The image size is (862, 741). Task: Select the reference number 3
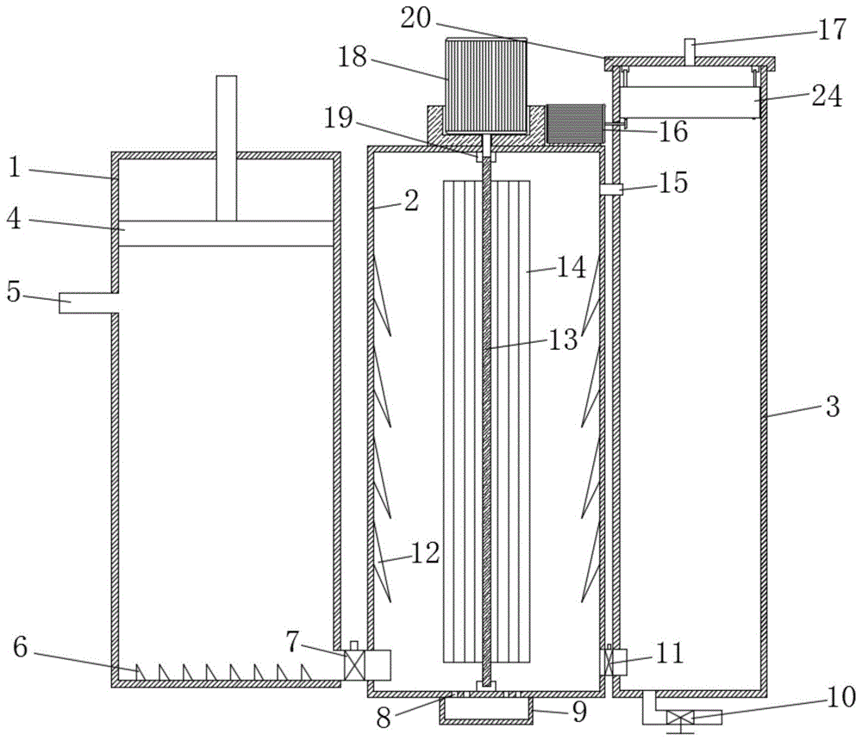(832, 408)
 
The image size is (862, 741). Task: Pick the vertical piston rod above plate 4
(226, 146)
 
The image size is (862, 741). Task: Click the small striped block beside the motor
(576, 124)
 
